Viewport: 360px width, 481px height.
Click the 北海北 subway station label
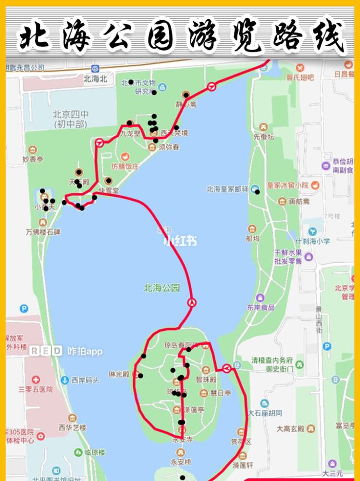95,79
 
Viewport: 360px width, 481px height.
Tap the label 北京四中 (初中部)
71,119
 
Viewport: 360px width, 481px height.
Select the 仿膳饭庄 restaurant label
124,166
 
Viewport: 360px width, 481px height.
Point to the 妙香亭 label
33,158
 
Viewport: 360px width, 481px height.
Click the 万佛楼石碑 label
43,232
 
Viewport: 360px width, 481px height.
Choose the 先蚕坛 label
263,137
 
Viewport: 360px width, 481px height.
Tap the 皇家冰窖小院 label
288,185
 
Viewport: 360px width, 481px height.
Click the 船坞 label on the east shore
252,238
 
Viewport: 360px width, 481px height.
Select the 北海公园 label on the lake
162,288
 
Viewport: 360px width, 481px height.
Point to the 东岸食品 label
261,307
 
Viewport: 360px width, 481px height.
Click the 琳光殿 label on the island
119,374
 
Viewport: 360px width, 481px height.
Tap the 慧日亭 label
221,392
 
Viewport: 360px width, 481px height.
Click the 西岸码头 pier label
85,380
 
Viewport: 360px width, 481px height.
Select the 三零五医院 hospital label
36,389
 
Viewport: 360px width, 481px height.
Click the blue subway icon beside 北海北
95,69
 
